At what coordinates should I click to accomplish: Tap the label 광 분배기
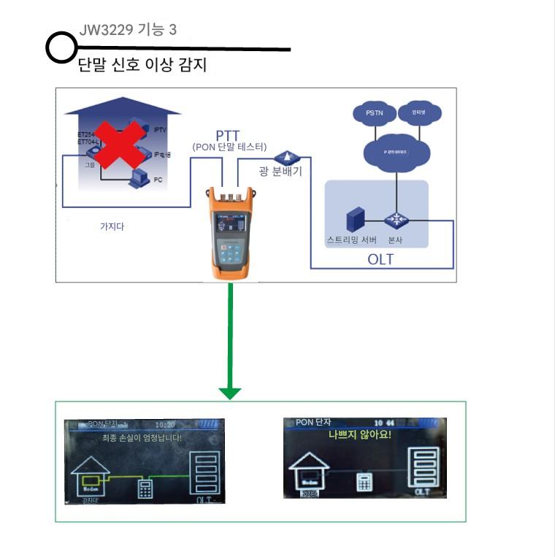click(280, 172)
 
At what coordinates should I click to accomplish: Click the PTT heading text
click(228, 135)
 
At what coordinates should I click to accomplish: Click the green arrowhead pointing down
click(230, 393)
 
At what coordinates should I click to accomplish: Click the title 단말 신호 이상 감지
click(142, 66)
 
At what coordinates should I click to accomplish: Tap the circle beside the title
click(61, 48)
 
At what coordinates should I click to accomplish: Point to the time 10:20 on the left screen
click(166, 424)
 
